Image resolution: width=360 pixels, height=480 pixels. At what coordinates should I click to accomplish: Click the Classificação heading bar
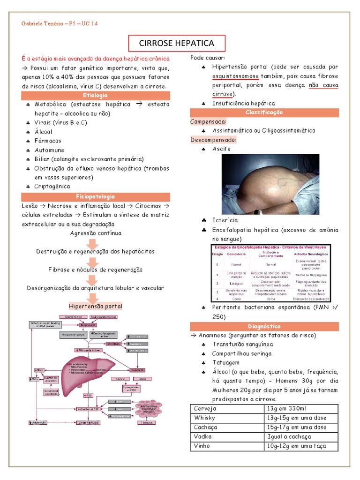(x=264, y=112)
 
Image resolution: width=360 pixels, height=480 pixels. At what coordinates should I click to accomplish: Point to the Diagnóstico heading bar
(x=264, y=326)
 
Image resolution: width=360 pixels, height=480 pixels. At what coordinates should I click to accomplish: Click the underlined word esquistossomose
(x=232, y=76)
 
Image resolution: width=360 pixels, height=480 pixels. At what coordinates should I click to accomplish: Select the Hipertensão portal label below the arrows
(x=96, y=306)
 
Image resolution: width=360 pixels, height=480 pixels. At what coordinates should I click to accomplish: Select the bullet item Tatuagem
(x=225, y=362)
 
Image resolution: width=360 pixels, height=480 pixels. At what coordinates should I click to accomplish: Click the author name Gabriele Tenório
(x=41, y=23)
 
